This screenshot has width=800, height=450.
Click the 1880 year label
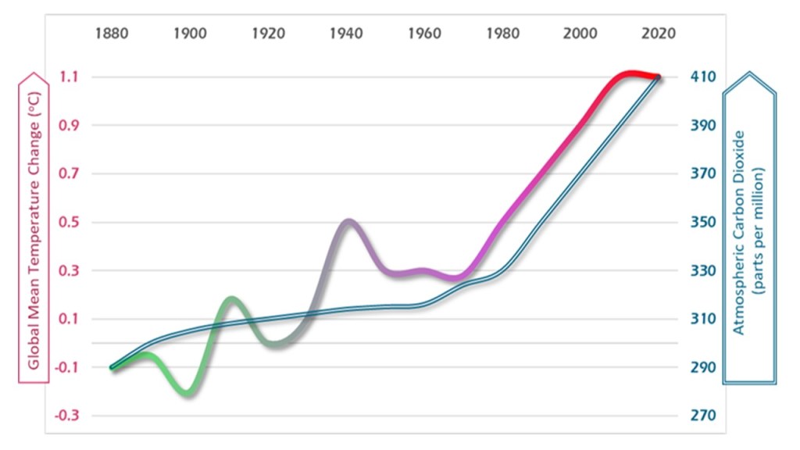111,34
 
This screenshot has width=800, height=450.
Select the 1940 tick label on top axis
345,34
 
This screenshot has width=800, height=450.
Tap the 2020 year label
658,34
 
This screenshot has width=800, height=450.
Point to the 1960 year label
423,34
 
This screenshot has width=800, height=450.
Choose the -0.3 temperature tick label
68,415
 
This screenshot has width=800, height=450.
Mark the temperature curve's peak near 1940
348,223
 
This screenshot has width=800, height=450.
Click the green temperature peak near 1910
231,300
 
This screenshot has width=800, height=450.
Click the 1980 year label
502,34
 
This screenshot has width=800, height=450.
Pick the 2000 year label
580,34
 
